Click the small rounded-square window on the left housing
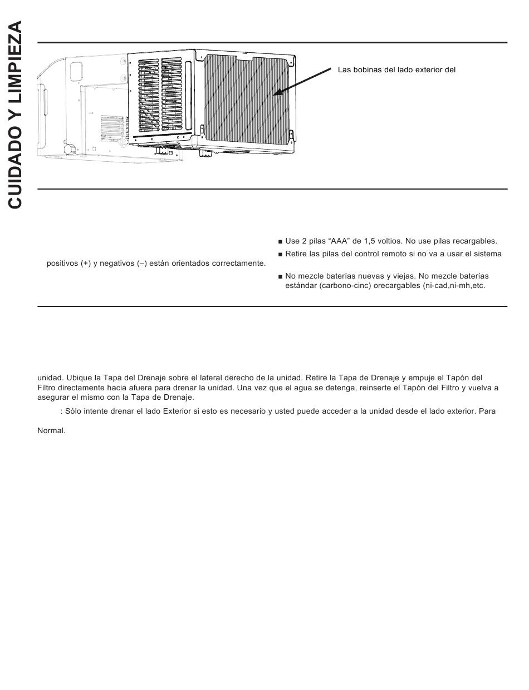click(x=76, y=69)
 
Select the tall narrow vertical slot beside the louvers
click(x=188, y=95)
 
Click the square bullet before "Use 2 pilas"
click(x=280, y=242)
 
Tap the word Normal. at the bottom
click(x=51, y=430)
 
